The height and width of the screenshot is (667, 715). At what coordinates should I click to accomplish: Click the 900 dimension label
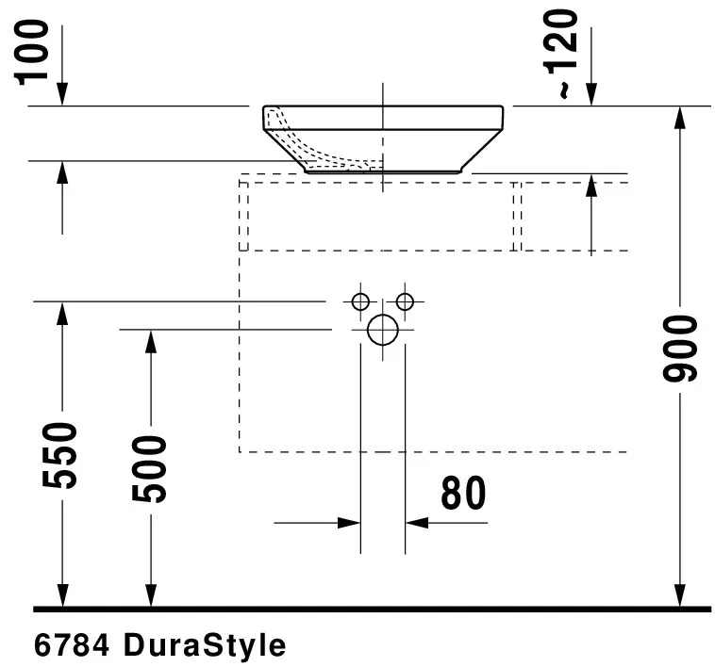[680, 349]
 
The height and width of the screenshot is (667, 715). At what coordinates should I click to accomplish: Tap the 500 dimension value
[148, 468]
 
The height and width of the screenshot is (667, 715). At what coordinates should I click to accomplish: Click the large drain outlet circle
[383, 330]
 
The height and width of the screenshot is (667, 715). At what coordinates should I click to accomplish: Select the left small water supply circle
[359, 301]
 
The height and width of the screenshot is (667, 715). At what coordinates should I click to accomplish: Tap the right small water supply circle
[405, 301]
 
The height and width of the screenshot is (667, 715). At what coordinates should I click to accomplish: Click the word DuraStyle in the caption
[204, 646]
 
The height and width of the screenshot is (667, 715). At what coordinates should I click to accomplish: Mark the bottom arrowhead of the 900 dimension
[679, 595]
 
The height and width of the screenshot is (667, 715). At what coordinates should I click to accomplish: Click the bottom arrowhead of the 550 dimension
[62, 595]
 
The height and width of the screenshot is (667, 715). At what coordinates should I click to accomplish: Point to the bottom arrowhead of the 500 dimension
[149, 595]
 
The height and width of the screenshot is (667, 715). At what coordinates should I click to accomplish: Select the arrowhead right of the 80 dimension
[416, 522]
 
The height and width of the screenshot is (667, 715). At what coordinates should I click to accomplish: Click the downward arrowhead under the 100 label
[62, 94]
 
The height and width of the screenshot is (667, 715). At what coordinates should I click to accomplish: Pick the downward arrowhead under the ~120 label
[590, 94]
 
